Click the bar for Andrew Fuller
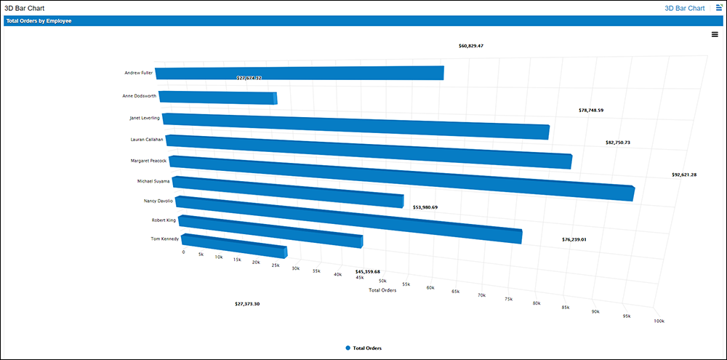click(x=298, y=73)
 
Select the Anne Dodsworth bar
click(x=217, y=97)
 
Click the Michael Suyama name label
click(x=153, y=180)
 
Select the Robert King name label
click(x=163, y=219)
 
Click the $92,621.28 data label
click(x=684, y=175)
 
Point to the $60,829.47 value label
click(x=471, y=46)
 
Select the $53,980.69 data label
click(x=425, y=207)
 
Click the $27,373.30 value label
click(x=247, y=303)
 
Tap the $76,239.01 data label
click(x=574, y=239)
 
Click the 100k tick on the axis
click(x=659, y=321)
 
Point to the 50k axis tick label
click(x=383, y=280)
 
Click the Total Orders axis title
click(x=382, y=290)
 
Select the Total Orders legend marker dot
click(x=348, y=348)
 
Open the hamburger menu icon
click(x=715, y=34)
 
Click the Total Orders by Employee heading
click(x=39, y=21)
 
